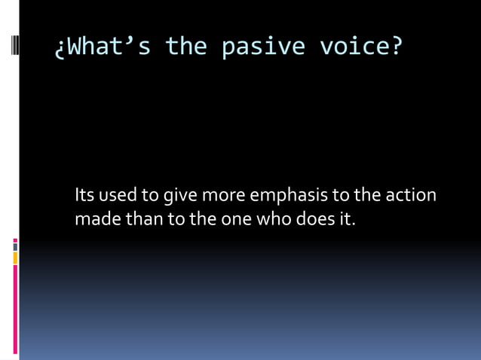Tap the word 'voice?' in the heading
point(360,47)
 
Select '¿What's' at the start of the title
point(103,47)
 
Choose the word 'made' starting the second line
point(94,221)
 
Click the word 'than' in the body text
point(135,221)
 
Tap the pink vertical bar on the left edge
point(15,309)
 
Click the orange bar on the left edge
point(15,258)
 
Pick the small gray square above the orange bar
point(15,245)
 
